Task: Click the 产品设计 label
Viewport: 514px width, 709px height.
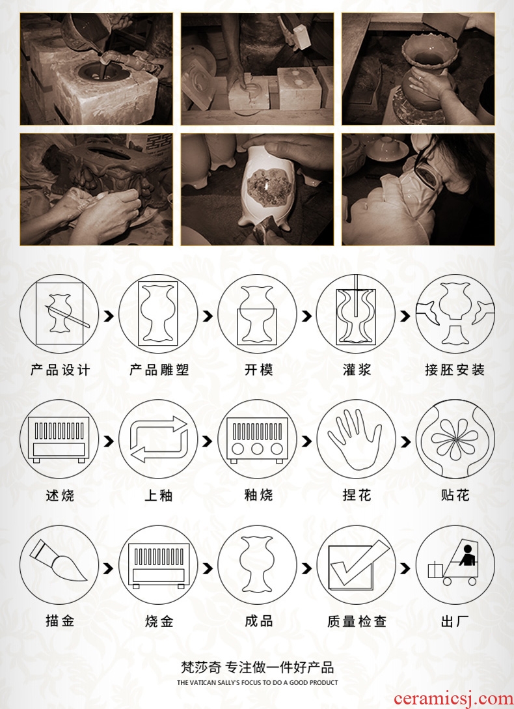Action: (60, 370)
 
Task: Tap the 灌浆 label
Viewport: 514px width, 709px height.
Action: (357, 370)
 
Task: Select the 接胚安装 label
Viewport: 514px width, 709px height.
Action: (455, 370)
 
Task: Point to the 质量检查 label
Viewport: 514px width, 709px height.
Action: (357, 621)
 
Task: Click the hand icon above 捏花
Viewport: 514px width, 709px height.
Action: (355, 439)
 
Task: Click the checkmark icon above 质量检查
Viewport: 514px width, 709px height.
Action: (357, 565)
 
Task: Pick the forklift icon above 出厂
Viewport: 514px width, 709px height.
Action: (454, 563)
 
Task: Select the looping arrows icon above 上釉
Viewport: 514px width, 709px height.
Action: (158, 439)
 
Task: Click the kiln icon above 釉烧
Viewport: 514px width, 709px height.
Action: (257, 439)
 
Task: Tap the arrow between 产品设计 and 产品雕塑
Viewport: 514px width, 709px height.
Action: (109, 316)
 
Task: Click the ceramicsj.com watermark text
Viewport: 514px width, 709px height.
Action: (453, 699)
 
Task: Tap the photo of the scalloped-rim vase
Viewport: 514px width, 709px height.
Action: (418, 69)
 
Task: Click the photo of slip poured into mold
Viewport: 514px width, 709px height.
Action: (96, 69)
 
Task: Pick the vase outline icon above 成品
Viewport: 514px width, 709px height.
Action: (257, 564)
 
